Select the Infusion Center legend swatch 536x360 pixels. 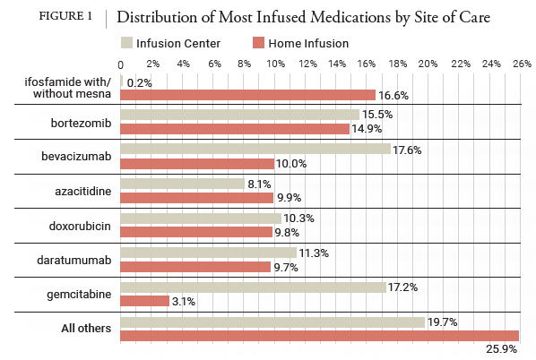tap(126, 43)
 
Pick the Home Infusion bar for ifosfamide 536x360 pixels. tap(246, 95)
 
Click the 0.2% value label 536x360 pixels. tap(139, 81)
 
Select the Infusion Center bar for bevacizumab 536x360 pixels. tap(255, 150)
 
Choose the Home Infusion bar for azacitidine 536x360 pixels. tap(195, 197)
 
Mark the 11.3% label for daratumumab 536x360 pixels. tap(312, 253)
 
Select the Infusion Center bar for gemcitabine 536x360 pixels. tap(252, 287)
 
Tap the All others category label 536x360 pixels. tap(86, 329)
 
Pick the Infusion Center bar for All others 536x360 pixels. tap(272, 321)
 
